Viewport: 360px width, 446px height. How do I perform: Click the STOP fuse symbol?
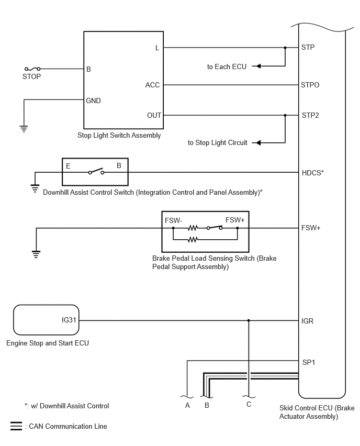(x=32, y=69)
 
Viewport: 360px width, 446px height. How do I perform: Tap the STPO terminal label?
(x=310, y=85)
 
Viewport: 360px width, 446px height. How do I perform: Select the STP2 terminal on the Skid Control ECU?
(x=310, y=116)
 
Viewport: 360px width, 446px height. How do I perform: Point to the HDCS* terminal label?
(x=313, y=173)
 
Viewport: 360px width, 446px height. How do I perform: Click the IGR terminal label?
(x=307, y=321)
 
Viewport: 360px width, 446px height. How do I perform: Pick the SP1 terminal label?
(x=309, y=362)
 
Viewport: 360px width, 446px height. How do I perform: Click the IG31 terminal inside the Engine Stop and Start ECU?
(x=69, y=320)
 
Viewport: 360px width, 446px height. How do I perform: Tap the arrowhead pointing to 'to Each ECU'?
(x=258, y=66)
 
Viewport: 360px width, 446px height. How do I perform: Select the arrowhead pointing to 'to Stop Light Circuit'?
(x=258, y=142)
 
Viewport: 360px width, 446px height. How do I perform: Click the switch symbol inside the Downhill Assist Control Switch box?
(x=96, y=172)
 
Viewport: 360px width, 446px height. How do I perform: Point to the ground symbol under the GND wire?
(x=24, y=129)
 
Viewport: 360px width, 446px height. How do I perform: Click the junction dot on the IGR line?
(x=249, y=320)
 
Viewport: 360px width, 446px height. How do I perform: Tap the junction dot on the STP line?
(x=285, y=48)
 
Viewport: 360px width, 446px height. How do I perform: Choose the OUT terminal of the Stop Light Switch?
(x=154, y=116)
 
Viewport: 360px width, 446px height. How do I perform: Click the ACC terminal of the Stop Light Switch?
(x=152, y=85)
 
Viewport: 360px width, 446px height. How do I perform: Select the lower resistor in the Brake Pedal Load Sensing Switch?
(x=193, y=240)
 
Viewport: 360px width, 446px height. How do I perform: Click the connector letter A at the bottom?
(x=187, y=405)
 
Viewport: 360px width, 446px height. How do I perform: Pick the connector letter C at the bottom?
(x=249, y=405)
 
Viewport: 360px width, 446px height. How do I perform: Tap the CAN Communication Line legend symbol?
(x=16, y=426)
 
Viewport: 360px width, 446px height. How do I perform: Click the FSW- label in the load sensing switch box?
(x=174, y=221)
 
